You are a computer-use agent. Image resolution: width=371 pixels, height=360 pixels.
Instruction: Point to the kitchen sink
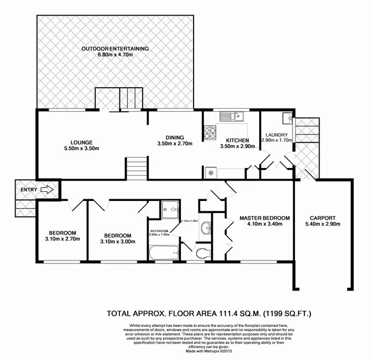[231, 116]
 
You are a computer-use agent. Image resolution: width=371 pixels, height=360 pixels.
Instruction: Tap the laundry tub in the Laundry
[286, 116]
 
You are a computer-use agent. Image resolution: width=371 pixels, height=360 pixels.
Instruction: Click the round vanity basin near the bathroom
[206, 228]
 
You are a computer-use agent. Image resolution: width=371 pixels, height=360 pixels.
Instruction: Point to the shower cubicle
[170, 209]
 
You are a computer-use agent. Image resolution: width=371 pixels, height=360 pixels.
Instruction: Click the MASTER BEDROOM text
[265, 218]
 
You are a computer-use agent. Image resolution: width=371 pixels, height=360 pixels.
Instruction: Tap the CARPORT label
[322, 218]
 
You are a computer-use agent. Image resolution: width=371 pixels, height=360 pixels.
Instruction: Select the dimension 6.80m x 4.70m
[115, 55]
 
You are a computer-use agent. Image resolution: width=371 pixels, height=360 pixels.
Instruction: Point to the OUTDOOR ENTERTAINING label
[115, 48]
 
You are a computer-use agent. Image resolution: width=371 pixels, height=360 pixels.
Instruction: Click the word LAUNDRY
[276, 135]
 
